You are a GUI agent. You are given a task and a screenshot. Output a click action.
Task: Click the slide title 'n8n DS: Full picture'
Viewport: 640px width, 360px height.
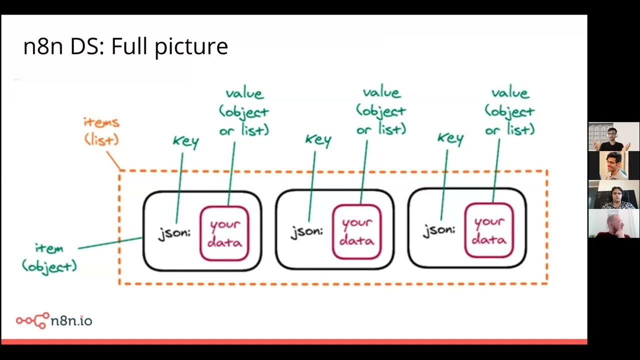pyautogui.click(x=125, y=46)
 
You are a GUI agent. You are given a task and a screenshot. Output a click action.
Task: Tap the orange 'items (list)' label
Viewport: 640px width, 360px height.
pyautogui.click(x=101, y=131)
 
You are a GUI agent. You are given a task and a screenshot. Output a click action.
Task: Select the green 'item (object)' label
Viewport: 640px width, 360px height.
pyautogui.click(x=49, y=257)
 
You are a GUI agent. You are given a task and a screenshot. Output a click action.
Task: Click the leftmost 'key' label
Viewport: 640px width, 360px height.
pyautogui.click(x=185, y=141)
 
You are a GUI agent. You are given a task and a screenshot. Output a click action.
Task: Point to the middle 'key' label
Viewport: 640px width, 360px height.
pyautogui.click(x=318, y=140)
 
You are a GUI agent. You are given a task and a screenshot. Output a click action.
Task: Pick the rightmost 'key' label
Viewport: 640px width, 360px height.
pyautogui.click(x=450, y=139)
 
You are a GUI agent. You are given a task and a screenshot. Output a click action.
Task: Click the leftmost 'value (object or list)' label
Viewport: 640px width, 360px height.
pyautogui.click(x=244, y=111)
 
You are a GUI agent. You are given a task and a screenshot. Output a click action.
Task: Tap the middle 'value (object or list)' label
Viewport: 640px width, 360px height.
pyautogui.click(x=381, y=111)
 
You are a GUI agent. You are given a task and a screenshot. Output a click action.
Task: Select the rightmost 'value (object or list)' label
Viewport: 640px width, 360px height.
pyautogui.click(x=509, y=111)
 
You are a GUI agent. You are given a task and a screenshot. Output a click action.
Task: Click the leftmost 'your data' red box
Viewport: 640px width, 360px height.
pyautogui.click(x=224, y=233)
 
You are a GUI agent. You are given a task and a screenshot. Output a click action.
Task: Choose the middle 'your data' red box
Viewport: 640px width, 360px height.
pyautogui.click(x=356, y=232)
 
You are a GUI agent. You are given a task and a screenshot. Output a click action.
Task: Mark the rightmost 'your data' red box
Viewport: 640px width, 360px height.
pyautogui.click(x=488, y=230)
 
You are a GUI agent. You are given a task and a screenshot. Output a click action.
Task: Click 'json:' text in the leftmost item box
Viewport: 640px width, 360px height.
pyautogui.click(x=174, y=233)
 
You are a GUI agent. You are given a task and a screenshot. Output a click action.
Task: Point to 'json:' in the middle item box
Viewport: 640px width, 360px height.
pyautogui.click(x=307, y=231)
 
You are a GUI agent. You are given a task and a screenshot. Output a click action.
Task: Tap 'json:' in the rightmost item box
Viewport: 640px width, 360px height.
pyautogui.click(x=439, y=230)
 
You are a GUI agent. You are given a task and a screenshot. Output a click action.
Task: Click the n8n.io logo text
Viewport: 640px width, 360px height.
pyautogui.click(x=71, y=320)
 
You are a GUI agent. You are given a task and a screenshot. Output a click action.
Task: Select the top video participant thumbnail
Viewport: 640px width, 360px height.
pyautogui.click(x=613, y=136)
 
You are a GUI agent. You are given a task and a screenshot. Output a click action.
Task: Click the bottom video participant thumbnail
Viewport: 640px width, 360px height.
pyautogui.click(x=613, y=223)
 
